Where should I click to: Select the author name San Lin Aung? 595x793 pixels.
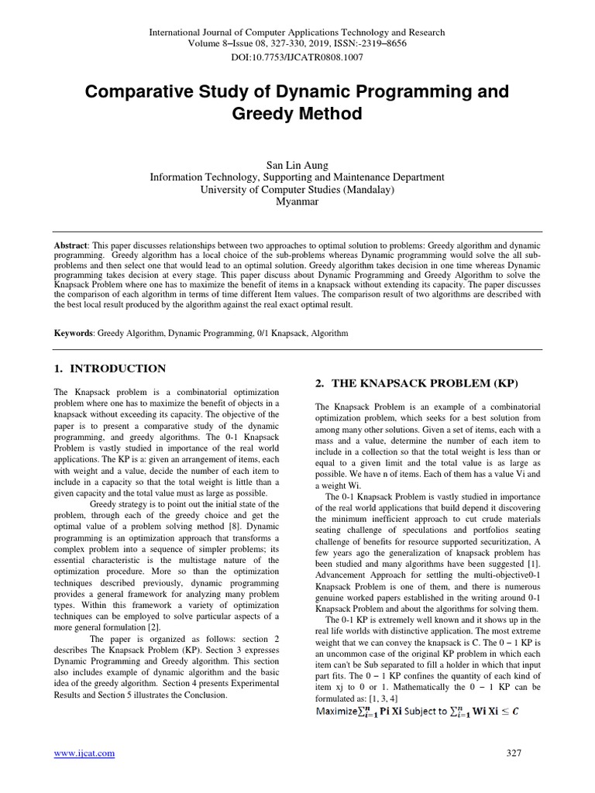297,164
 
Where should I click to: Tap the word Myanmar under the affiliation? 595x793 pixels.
297,201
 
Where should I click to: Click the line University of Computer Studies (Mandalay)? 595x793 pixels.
297,189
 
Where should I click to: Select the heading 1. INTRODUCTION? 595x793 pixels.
109,369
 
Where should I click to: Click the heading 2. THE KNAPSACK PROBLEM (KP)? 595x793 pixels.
416,384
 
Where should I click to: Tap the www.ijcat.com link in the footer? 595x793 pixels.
84,753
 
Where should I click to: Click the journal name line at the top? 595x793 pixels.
297,33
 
